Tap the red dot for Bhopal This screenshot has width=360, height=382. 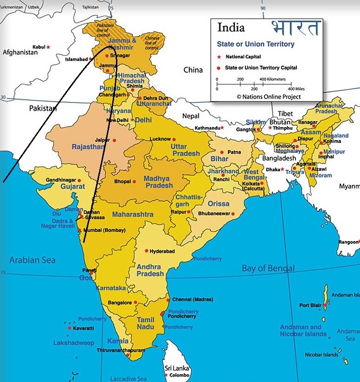[135, 181]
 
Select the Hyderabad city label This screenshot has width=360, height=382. [162, 251]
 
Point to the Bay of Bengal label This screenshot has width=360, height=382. [268, 268]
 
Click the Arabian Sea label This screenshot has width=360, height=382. [32, 260]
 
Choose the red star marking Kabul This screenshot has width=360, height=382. [48, 47]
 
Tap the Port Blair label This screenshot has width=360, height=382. [310, 305]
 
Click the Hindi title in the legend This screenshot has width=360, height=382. [296, 27]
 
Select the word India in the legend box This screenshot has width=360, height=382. [231, 28]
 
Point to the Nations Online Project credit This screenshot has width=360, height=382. [269, 97]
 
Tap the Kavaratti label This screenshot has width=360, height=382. [83, 328]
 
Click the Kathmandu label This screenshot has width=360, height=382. [207, 127]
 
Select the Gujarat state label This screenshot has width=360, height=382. [73, 186]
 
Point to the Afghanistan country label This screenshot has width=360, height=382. [20, 52]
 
